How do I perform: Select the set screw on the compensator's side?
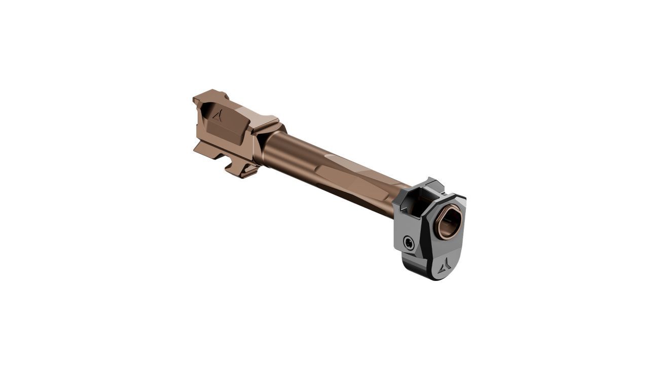[x=408, y=243]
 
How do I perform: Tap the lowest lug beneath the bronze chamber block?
[x=244, y=172]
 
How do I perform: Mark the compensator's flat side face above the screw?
[x=406, y=223]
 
